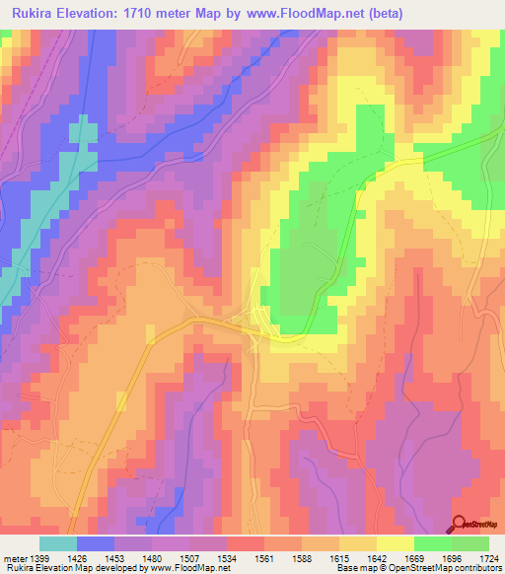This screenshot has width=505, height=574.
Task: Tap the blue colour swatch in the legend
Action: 96,543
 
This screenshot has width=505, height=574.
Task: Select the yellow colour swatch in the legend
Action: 395,543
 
